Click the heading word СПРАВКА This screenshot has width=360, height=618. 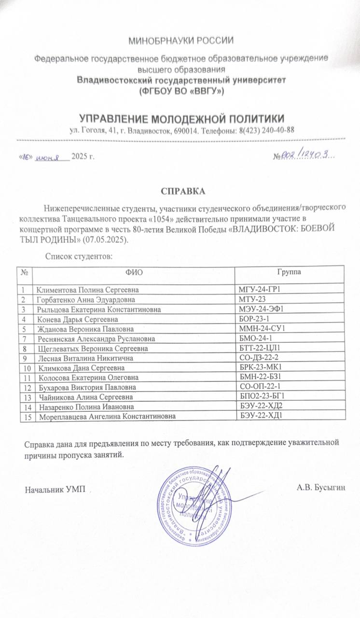click(183, 191)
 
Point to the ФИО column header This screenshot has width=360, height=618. click(134, 273)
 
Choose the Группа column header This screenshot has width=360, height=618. click(290, 272)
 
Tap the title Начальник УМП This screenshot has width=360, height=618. click(55, 489)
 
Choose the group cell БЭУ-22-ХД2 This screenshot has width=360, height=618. click(261, 407)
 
